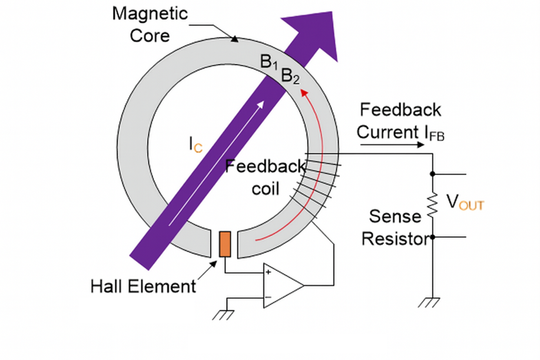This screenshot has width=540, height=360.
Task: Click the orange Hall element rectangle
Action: tap(225, 244)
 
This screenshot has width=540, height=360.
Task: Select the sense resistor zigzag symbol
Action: tap(433, 204)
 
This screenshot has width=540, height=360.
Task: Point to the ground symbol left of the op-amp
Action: tap(223, 314)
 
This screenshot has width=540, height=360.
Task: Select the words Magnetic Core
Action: tap(150, 24)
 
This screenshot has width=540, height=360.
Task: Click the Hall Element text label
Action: tap(143, 286)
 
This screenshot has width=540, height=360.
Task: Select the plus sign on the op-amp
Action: tap(269, 272)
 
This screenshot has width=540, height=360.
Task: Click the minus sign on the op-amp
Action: tap(269, 298)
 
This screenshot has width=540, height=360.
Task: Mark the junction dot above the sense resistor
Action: tap(433, 174)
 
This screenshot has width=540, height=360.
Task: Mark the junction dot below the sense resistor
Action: tap(433, 237)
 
